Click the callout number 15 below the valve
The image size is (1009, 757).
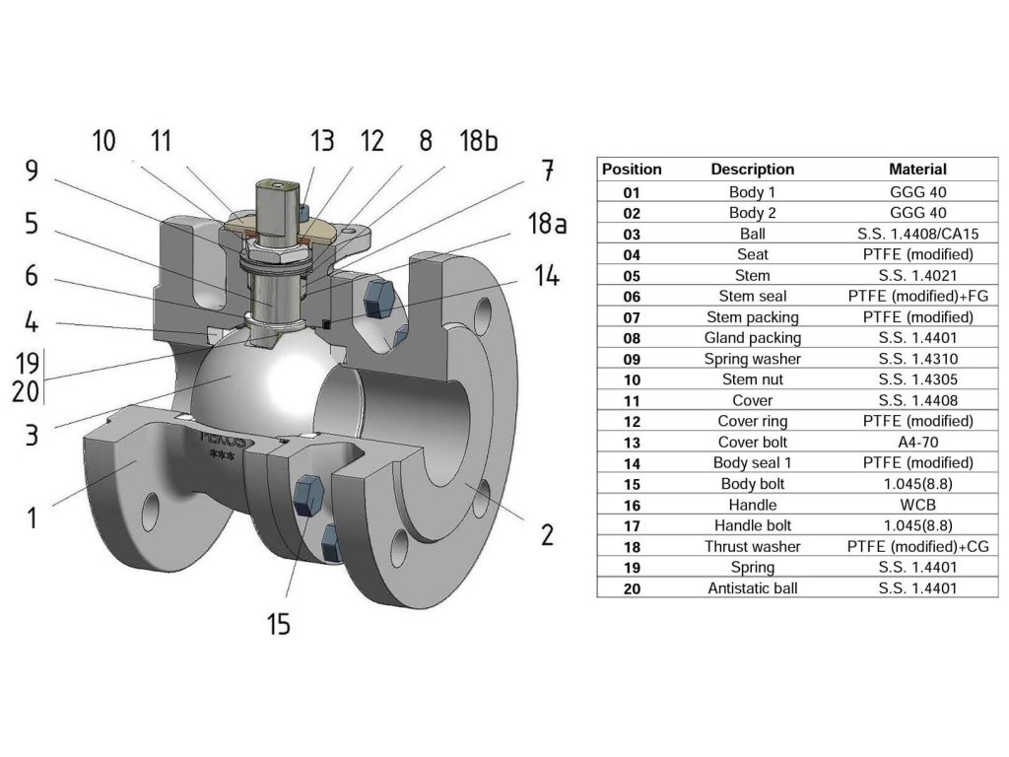(x=279, y=624)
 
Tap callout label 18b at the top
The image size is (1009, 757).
(x=479, y=140)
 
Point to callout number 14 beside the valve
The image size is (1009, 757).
(x=546, y=275)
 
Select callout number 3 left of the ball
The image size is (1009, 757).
(x=32, y=435)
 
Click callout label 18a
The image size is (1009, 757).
(x=547, y=224)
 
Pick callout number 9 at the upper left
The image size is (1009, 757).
(x=32, y=171)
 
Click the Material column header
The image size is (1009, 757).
(x=917, y=170)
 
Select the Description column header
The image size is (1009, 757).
(x=752, y=170)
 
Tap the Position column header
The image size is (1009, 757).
(x=632, y=170)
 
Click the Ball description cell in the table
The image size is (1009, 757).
(x=752, y=234)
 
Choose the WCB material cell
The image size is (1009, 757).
(x=917, y=505)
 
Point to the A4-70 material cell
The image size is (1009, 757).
(x=917, y=443)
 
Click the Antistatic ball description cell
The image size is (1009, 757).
(x=752, y=588)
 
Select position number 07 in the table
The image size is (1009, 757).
(x=632, y=317)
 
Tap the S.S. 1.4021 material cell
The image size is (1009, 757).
(x=917, y=276)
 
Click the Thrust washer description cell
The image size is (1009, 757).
(x=752, y=546)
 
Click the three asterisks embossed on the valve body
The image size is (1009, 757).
(x=222, y=456)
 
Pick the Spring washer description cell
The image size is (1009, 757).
(x=752, y=359)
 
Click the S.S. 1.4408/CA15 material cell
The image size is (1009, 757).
(x=917, y=234)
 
